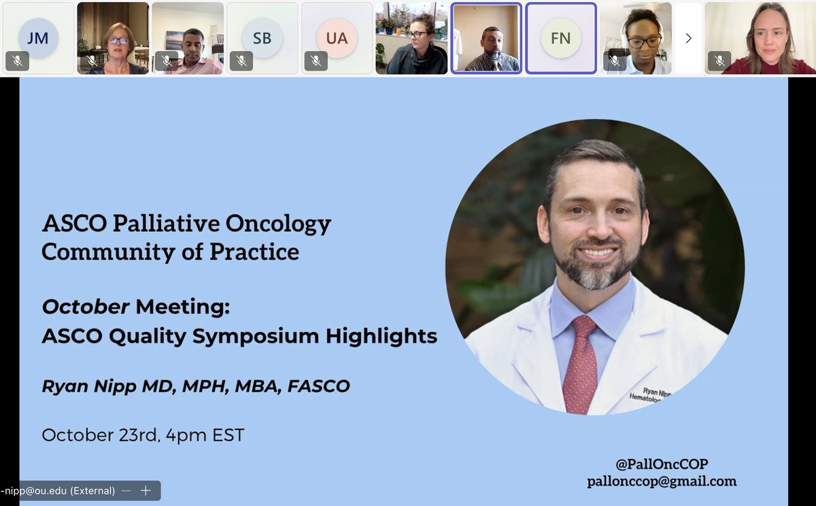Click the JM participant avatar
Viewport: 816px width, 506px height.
pyautogui.click(x=38, y=38)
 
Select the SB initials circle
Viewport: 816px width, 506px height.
pyautogui.click(x=262, y=38)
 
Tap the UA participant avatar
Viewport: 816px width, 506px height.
pyautogui.click(x=337, y=38)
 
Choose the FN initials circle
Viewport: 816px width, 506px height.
pyautogui.click(x=560, y=38)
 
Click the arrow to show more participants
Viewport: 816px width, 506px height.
pyautogui.click(x=688, y=38)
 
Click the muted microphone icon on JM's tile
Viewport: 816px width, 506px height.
pyautogui.click(x=18, y=61)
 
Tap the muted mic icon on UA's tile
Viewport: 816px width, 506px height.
pyautogui.click(x=316, y=61)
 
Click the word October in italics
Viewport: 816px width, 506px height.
pyautogui.click(x=86, y=307)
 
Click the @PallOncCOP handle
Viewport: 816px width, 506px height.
pyautogui.click(x=662, y=464)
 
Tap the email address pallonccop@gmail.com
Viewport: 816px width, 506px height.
pyautogui.click(x=662, y=482)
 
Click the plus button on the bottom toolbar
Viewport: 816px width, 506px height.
pyautogui.click(x=145, y=490)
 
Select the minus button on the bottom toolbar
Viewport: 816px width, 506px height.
pyautogui.click(x=126, y=490)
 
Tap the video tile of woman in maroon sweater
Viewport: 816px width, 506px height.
pyautogui.click(x=760, y=38)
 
